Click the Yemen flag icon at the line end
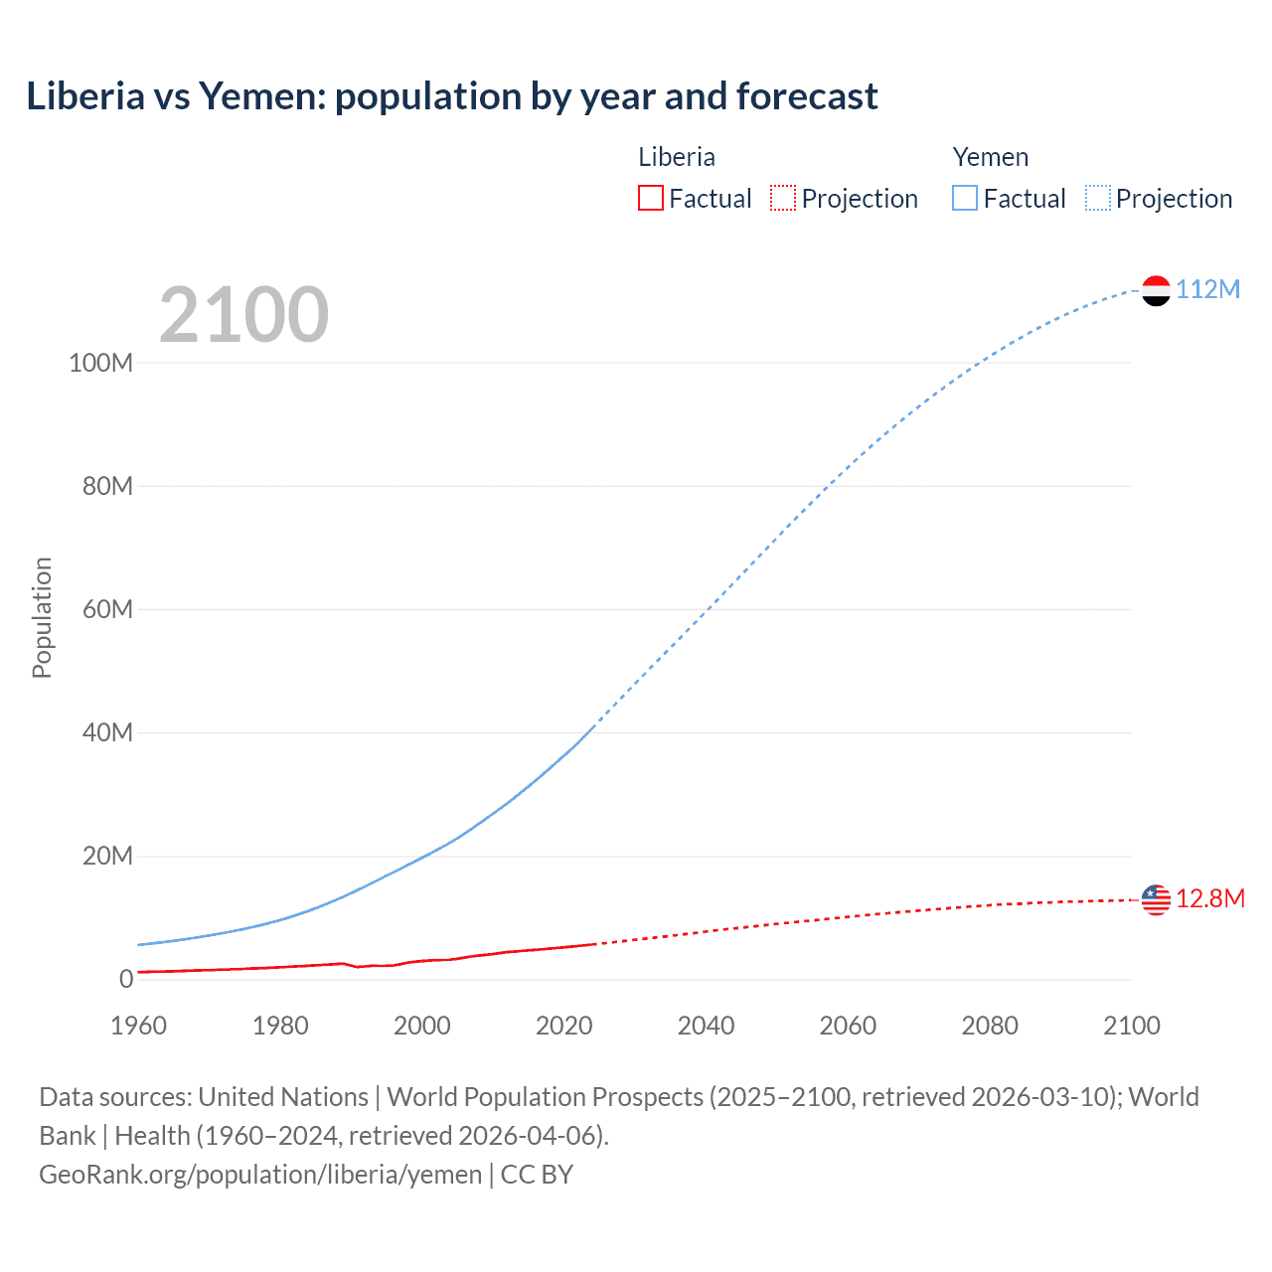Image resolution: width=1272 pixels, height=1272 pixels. tap(1156, 290)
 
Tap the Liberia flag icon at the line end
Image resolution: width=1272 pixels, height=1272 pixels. tap(1156, 899)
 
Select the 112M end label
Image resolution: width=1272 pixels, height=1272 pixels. tap(1207, 289)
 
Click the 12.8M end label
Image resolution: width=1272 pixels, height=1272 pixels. tap(1209, 898)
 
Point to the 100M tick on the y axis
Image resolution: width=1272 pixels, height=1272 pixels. tap(100, 363)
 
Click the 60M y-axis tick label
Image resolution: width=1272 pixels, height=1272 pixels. tap(107, 609)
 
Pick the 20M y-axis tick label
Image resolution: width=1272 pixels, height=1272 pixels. tap(107, 856)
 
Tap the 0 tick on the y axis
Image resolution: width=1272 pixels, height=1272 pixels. tap(126, 979)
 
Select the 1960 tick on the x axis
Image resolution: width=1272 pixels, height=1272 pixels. tap(138, 1026)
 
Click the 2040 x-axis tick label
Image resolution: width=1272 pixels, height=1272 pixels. tap(706, 1026)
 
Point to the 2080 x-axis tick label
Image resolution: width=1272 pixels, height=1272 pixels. tap(990, 1026)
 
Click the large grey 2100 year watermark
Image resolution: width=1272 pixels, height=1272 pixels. tap(243, 315)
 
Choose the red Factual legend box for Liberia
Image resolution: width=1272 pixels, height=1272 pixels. tap(650, 198)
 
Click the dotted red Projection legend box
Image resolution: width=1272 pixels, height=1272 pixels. tap(783, 198)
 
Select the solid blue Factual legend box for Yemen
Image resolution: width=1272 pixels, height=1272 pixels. tap(965, 198)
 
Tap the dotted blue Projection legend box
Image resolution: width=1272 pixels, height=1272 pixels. tap(1098, 198)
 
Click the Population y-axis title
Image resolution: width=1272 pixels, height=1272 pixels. tap(42, 617)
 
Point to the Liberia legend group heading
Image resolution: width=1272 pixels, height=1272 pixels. tap(676, 157)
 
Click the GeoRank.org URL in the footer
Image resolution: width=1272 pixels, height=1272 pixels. tap(260, 1174)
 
